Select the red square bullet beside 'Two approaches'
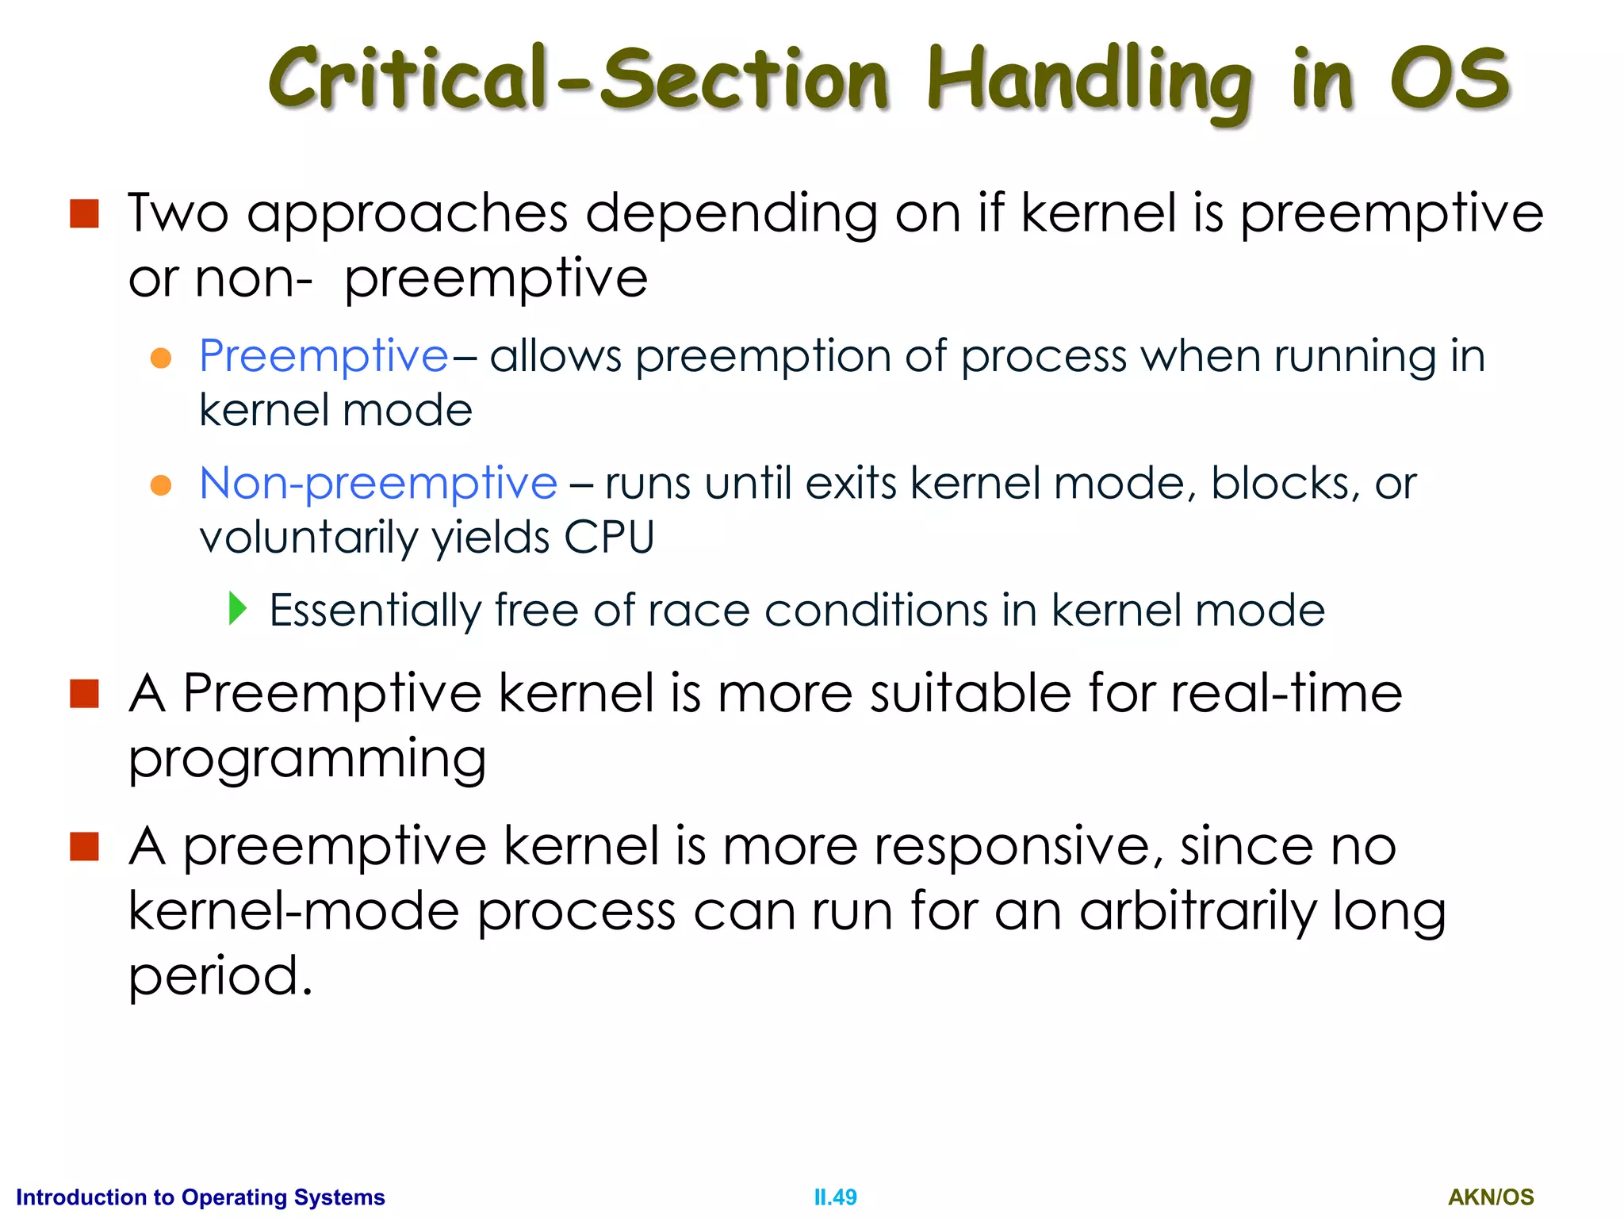point(84,214)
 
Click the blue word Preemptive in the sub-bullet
point(324,355)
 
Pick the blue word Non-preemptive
point(378,483)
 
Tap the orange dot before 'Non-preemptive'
point(161,485)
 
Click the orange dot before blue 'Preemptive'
point(161,358)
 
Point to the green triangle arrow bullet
point(237,608)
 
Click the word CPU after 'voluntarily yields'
point(609,538)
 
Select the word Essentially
point(375,611)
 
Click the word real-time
point(1286,693)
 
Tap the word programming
point(308,760)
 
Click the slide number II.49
point(835,1197)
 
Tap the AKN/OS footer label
point(1491,1197)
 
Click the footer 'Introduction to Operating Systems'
point(201,1197)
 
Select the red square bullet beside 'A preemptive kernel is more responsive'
point(84,846)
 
